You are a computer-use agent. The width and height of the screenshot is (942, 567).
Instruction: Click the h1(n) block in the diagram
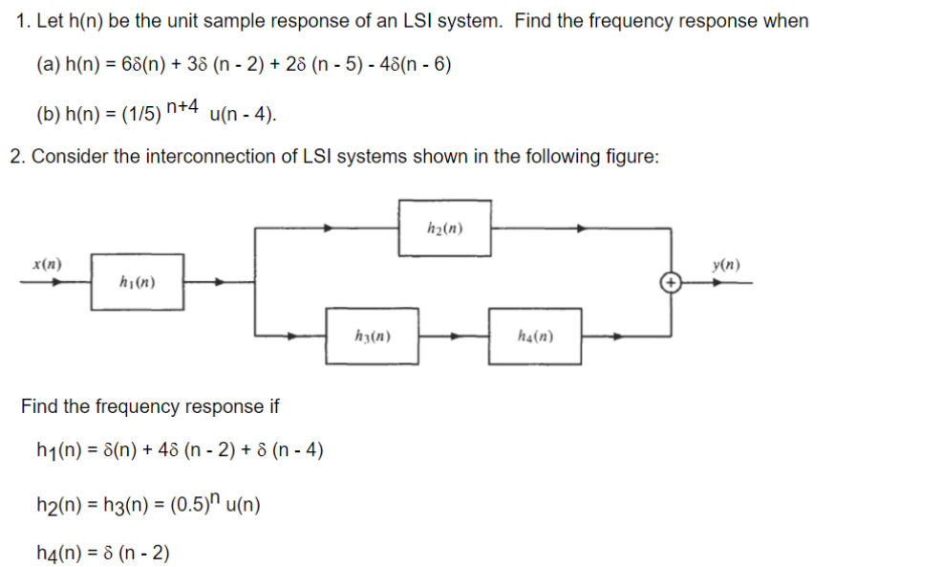[138, 282]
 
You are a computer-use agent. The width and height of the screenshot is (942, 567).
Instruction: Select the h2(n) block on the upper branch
[445, 228]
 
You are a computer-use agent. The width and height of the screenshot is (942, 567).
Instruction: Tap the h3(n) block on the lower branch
[371, 336]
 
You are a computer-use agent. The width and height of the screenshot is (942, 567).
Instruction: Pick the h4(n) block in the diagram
[534, 336]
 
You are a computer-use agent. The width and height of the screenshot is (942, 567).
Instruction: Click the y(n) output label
[726, 265]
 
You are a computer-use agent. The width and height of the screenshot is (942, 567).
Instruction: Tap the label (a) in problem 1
[48, 65]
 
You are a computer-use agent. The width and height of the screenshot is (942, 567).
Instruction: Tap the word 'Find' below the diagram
[39, 406]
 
